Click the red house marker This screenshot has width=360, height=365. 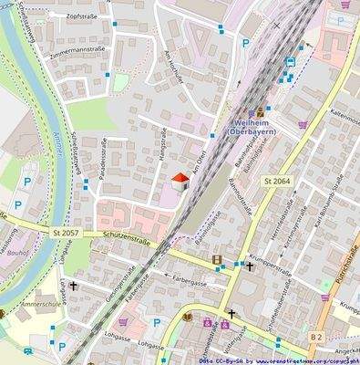click(180, 182)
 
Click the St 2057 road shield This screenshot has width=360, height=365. click(67, 234)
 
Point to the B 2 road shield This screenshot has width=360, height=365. click(316, 337)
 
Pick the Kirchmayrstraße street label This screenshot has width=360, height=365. click(296, 230)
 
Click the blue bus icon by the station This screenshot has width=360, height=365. click(290, 62)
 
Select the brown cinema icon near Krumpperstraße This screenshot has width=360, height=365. click(217, 261)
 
